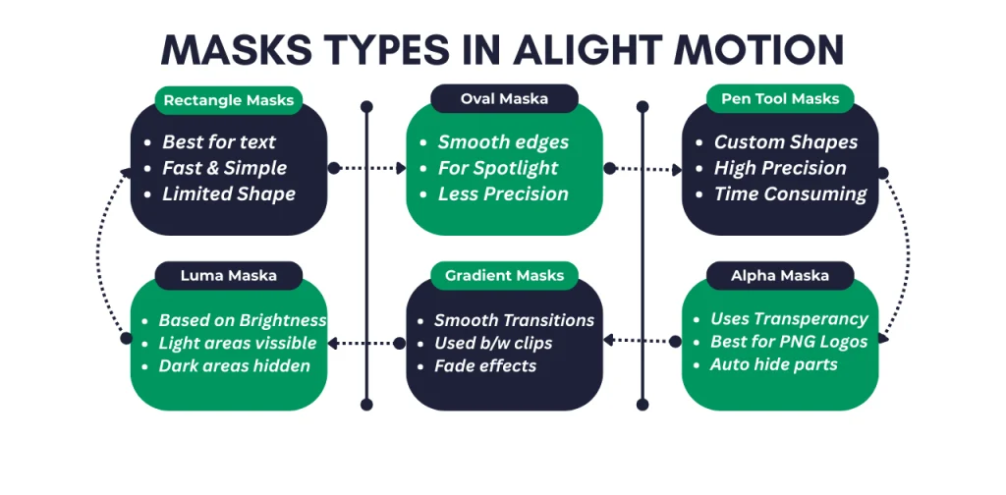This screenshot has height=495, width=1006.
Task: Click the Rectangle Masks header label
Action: tap(229, 99)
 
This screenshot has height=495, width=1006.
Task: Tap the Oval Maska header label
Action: tap(504, 98)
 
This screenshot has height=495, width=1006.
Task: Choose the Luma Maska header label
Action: tap(229, 275)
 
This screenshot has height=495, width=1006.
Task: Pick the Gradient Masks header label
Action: tap(504, 275)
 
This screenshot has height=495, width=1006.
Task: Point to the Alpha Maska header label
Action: tap(780, 275)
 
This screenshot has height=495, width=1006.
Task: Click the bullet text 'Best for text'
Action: tap(219, 142)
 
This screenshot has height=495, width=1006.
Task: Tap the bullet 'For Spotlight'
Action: tap(498, 168)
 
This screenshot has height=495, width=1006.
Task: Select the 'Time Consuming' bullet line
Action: tap(790, 193)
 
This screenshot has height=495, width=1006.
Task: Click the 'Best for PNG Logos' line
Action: tap(788, 342)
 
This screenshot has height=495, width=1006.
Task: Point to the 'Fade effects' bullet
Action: tap(485, 365)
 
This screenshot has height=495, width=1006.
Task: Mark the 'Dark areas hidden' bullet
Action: tap(234, 365)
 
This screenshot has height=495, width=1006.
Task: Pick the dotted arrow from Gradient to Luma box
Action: tap(366, 343)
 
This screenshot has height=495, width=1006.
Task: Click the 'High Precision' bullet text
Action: tap(780, 168)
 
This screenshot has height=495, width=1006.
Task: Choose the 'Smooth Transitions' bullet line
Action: tap(514, 320)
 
